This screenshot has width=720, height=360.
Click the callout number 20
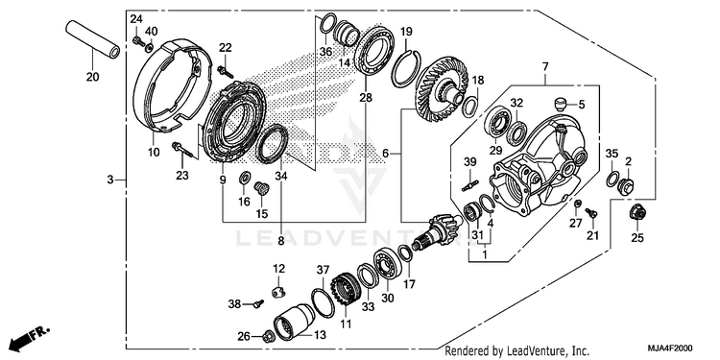[x=92, y=77]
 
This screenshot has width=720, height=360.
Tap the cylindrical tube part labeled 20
[x=92, y=39]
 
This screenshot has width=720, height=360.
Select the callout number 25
[x=637, y=237]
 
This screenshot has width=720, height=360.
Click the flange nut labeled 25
[x=636, y=212]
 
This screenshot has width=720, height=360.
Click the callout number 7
[x=545, y=66]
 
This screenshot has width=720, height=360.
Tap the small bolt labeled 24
[x=137, y=41]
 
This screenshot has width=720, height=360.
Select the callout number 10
[x=154, y=152]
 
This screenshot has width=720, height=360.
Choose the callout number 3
[x=109, y=180]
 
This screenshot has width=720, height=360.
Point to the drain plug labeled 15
[x=261, y=187]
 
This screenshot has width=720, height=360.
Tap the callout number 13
[x=320, y=335]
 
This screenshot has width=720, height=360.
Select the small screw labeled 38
[x=259, y=303]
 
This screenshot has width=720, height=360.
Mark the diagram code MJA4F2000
[x=670, y=348]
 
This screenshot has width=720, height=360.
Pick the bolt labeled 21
[x=590, y=212]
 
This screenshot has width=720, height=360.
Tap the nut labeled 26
[x=268, y=337]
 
